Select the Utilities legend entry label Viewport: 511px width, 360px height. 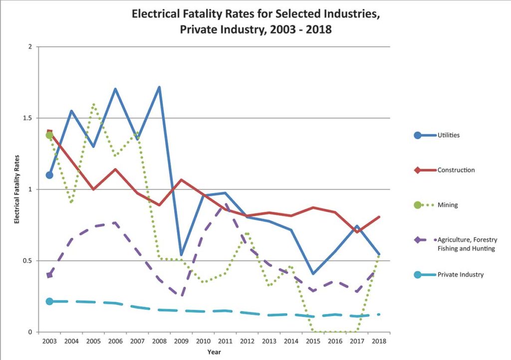point(449,135)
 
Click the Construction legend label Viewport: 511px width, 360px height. point(456,170)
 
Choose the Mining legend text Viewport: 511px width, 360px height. point(448,205)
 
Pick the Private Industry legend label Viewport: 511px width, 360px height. point(460,274)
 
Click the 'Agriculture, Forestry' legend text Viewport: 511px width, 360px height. point(467,240)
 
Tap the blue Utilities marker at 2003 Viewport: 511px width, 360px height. point(49,175)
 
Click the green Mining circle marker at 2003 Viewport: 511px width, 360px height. point(49,135)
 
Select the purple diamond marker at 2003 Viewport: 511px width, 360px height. point(49,275)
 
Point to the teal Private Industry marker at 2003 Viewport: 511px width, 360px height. point(49,301)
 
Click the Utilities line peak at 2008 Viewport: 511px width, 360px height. point(159,87)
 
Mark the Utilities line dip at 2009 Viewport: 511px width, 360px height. point(181,255)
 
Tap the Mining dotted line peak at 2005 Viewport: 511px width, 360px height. point(93,104)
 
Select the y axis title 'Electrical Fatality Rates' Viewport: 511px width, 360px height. point(16,189)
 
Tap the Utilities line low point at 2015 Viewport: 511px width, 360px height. point(313,274)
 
